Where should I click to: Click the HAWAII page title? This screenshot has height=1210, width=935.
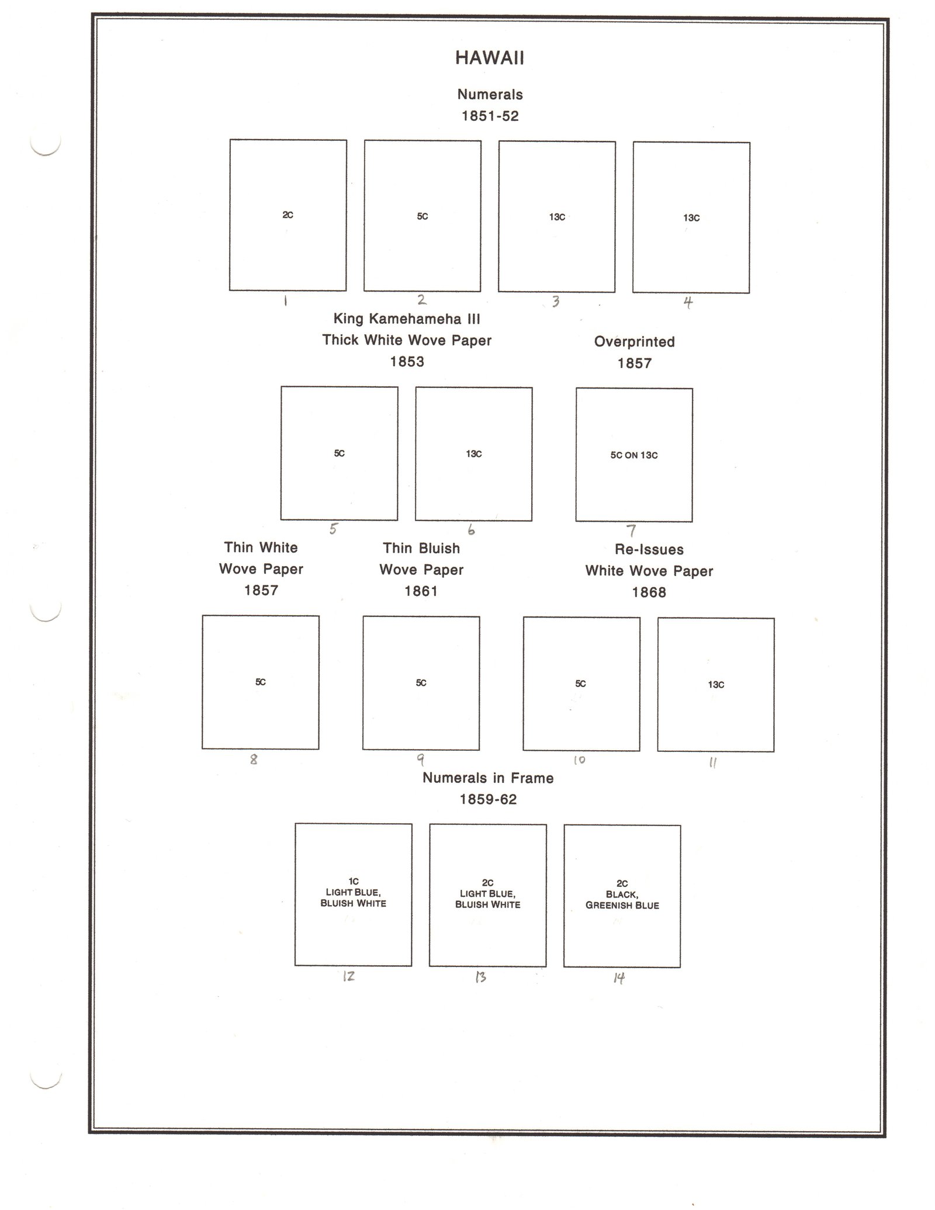click(x=489, y=58)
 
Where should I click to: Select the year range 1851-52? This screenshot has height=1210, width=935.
click(x=490, y=116)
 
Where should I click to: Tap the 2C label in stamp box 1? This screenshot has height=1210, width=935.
click(x=288, y=215)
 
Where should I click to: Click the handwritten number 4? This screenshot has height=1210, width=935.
click(x=688, y=303)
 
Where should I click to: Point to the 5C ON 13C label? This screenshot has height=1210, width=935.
click(x=634, y=455)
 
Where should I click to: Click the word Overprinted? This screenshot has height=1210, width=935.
click(x=634, y=342)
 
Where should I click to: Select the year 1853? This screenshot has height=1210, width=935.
click(x=407, y=362)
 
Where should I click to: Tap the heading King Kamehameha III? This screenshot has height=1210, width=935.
click(x=407, y=319)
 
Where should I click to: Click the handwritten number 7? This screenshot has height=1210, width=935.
click(x=631, y=531)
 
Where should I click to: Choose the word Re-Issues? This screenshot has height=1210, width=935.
click(x=649, y=549)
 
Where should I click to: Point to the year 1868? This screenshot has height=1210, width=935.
click(x=649, y=592)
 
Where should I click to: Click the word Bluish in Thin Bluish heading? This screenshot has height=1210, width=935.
click(x=438, y=548)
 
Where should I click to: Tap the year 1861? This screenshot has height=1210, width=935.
click(x=421, y=591)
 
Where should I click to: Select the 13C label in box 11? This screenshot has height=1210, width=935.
click(x=716, y=685)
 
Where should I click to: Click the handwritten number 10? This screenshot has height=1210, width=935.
click(x=579, y=760)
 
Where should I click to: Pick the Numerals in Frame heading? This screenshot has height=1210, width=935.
click(x=488, y=778)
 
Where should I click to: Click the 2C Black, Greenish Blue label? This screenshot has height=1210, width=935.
click(x=622, y=895)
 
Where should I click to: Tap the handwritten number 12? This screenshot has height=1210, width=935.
click(x=349, y=976)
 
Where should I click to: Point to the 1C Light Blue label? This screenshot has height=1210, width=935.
click(x=353, y=892)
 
